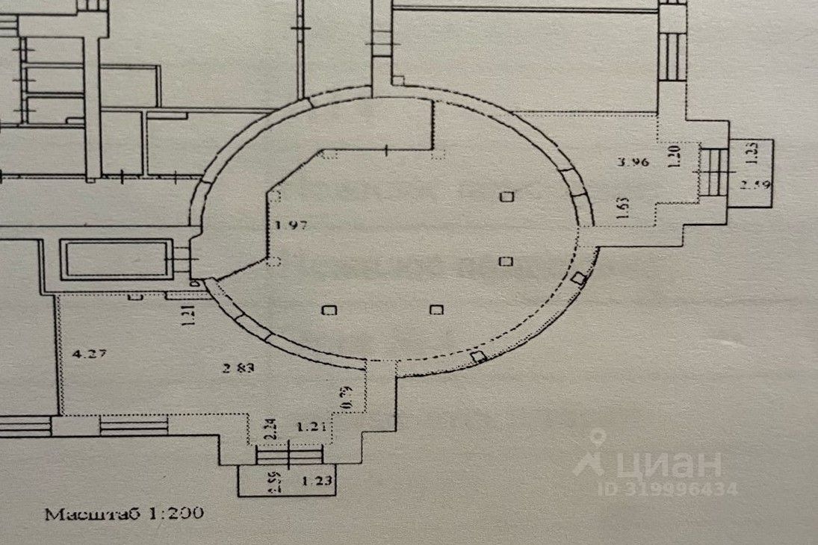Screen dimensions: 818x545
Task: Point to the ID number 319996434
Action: pyautogui.click(x=675, y=489)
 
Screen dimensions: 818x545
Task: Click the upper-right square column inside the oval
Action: pyautogui.click(x=508, y=197)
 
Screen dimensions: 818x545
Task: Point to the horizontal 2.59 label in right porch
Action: pyautogui.click(x=753, y=184)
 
